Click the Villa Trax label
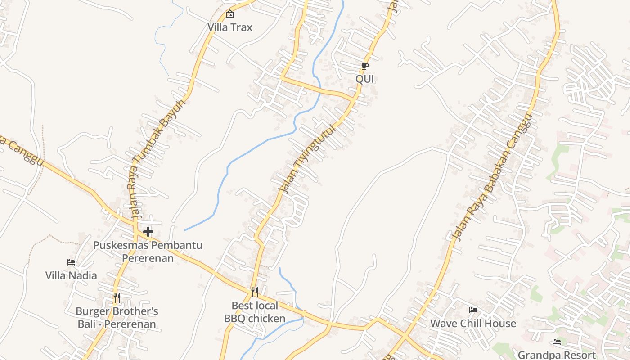click(230, 27)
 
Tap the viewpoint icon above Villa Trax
click(230, 14)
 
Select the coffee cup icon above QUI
click(365, 66)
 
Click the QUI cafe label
click(365, 79)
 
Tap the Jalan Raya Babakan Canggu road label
click(493, 177)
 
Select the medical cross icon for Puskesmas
click(148, 232)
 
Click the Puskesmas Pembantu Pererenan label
click(148, 252)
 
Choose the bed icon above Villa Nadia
click(71, 262)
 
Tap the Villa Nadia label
click(71, 275)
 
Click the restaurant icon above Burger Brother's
click(117, 297)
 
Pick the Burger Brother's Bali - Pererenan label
click(117, 317)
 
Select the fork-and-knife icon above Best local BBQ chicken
click(255, 292)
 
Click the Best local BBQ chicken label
click(255, 312)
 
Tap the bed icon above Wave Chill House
click(473, 310)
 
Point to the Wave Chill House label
click(473, 323)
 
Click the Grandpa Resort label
click(557, 355)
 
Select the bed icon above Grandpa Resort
click(557, 342)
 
